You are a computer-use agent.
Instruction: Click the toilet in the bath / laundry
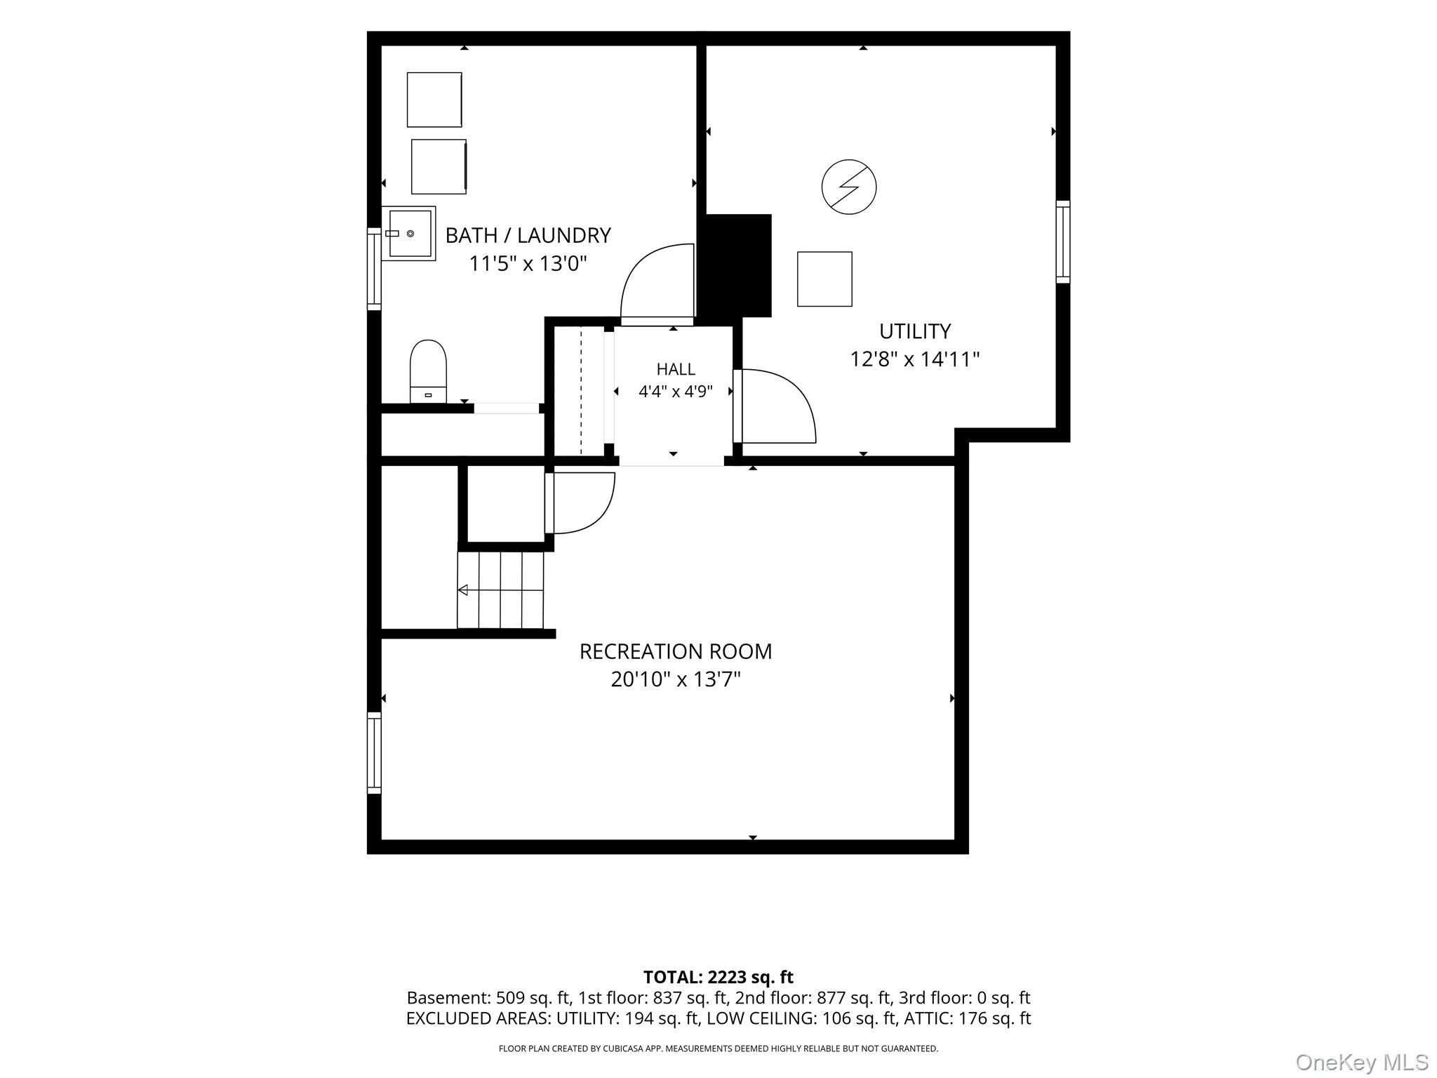click(x=428, y=372)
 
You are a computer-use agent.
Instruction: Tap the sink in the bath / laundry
click(x=408, y=233)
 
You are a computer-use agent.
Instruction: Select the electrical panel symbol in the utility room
click(x=849, y=187)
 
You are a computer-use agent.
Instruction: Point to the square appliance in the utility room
click(x=824, y=279)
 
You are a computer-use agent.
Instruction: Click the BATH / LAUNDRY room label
click(x=528, y=235)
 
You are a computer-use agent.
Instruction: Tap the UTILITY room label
click(x=915, y=331)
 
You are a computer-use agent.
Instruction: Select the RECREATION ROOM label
click(x=676, y=651)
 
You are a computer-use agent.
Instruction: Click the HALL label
click(x=676, y=369)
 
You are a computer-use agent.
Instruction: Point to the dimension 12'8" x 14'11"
click(x=915, y=359)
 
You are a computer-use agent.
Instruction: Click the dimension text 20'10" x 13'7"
click(x=676, y=679)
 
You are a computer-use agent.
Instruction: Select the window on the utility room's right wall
click(x=1063, y=242)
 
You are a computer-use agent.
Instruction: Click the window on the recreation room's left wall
click(x=374, y=753)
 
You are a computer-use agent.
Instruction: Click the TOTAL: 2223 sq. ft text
click(x=718, y=977)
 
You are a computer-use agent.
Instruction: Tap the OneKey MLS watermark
click(x=1362, y=1062)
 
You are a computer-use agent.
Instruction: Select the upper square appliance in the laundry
click(x=434, y=100)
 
